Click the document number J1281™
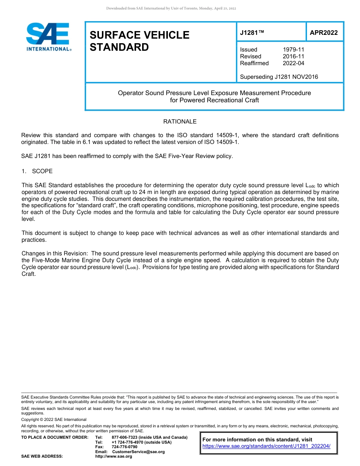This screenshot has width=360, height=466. pyautogui.click(x=252, y=33)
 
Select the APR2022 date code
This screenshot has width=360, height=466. pyautogui.click(x=324, y=33)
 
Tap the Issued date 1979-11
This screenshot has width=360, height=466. pyautogui.click(x=293, y=50)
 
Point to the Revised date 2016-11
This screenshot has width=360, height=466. pyautogui.click(x=293, y=56)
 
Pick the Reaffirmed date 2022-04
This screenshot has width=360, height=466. pyautogui.click(x=293, y=63)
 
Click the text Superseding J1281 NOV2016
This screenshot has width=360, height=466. pyautogui.click(x=279, y=77)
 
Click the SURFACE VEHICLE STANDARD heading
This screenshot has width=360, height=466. pyautogui.click(x=139, y=41)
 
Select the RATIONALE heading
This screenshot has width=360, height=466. pyautogui.click(x=180, y=122)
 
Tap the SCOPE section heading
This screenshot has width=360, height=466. pyautogui.click(x=42, y=171)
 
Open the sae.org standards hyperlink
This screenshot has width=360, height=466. pyautogui.click(x=266, y=446)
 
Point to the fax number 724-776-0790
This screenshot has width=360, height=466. pyautogui.click(x=124, y=447)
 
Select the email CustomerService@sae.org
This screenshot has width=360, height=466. pyautogui.click(x=138, y=452)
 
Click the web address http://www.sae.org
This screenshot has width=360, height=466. pyautogui.click(x=113, y=457)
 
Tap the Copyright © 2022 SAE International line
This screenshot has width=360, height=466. pyautogui.click(x=54, y=419)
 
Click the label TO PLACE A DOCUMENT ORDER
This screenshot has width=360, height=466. pyautogui.click(x=55, y=438)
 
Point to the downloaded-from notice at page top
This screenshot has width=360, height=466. pyautogui.click(x=171, y=8)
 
